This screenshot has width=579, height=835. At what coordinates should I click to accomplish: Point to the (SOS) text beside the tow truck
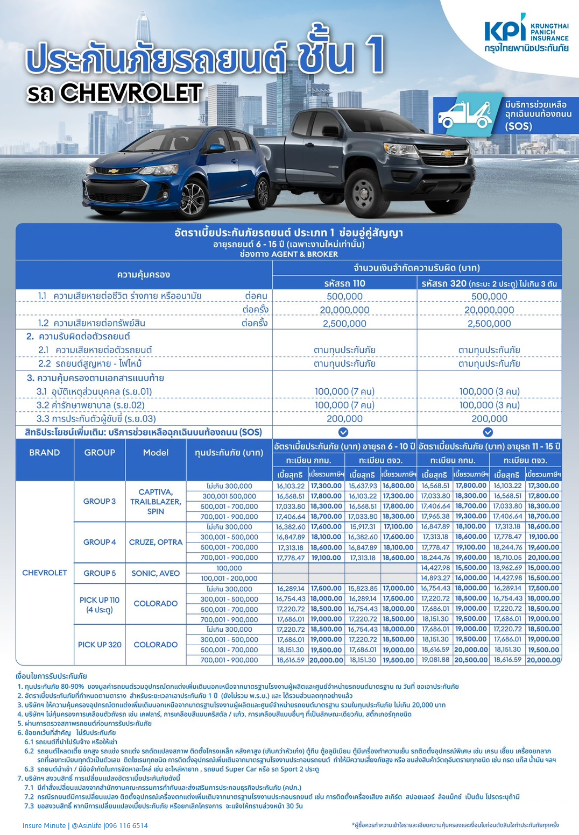(x=518, y=126)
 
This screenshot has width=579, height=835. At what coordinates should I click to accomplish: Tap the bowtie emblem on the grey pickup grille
(x=447, y=153)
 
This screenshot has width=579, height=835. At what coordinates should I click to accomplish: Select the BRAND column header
(x=44, y=453)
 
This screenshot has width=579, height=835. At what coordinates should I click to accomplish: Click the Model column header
(x=156, y=453)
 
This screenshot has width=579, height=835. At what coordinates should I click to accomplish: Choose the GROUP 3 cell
(x=100, y=501)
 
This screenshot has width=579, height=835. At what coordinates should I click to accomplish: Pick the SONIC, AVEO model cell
(x=156, y=573)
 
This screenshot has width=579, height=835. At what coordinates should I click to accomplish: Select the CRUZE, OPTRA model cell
(x=156, y=542)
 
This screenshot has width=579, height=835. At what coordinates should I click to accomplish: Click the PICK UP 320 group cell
(x=100, y=644)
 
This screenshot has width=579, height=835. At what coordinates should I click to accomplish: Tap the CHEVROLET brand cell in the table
(x=44, y=573)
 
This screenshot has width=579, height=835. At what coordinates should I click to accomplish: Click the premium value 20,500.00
(x=471, y=660)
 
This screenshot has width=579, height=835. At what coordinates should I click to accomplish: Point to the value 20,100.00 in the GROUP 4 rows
(x=543, y=558)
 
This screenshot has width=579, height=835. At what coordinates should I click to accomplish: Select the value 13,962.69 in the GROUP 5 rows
(x=508, y=568)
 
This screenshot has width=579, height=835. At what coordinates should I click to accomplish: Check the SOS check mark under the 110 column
(x=343, y=432)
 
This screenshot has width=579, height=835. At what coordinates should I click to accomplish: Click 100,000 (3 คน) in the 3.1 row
(x=489, y=391)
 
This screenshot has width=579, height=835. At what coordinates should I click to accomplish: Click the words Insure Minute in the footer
(x=44, y=825)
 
